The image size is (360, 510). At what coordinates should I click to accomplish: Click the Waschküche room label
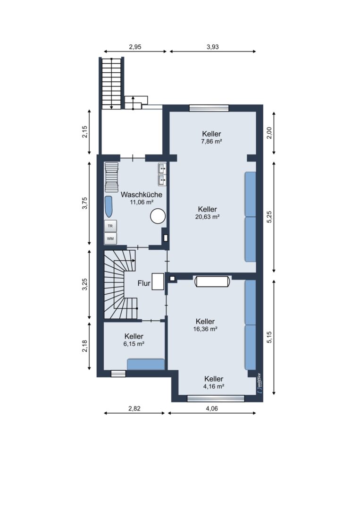[x=142, y=195]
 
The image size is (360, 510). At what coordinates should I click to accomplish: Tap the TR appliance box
[x=110, y=226]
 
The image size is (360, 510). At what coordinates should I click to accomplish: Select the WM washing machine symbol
[x=110, y=238]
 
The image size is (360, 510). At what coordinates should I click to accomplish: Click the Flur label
[x=144, y=283]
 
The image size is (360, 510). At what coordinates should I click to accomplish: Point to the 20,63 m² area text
[x=207, y=217]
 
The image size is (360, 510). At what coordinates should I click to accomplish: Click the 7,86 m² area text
[x=211, y=142]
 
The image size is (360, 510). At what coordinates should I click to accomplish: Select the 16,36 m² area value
[x=205, y=329]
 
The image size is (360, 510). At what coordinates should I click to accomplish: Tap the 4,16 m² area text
[x=214, y=386]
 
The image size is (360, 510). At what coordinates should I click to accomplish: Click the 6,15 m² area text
[x=134, y=344]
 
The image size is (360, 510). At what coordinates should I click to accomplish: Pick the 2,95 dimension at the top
[x=135, y=47]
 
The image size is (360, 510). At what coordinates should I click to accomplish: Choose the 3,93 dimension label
[x=213, y=47]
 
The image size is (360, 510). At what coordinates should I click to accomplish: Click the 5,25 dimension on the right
[x=269, y=217]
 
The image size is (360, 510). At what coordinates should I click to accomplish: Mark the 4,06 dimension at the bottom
[x=212, y=408]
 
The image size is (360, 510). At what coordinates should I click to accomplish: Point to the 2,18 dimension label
[x=85, y=346]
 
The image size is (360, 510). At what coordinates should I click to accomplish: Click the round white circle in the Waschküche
[x=158, y=216]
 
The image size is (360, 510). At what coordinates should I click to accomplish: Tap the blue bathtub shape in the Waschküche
[x=108, y=207]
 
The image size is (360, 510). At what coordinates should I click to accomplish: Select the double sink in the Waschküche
[x=162, y=174]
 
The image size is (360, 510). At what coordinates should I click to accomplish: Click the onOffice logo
[x=259, y=384]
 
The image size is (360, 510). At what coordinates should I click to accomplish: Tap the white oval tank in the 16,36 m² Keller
[x=213, y=281]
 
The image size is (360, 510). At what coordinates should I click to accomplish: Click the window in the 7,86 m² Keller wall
[x=209, y=108]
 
